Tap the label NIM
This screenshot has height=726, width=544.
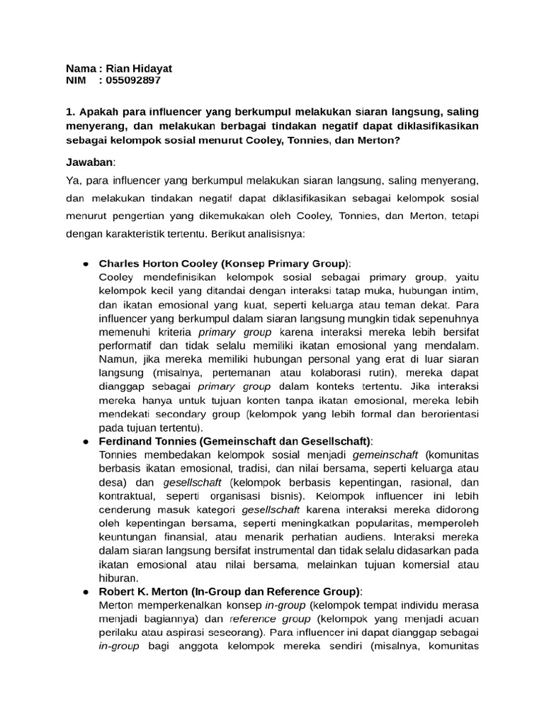[x=76, y=80]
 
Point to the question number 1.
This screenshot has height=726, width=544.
[x=69, y=111]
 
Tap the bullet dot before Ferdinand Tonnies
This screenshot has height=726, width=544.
[x=84, y=441]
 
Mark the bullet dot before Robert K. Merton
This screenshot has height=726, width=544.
[x=84, y=591]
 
